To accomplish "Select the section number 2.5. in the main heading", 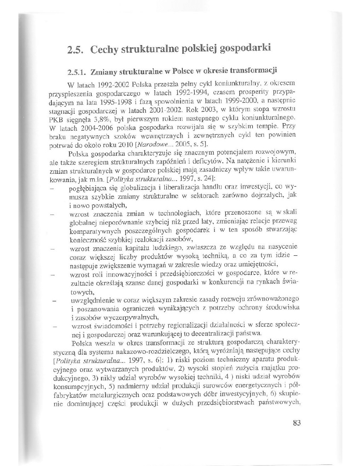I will [x=76, y=51].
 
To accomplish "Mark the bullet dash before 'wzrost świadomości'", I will [x=52, y=326].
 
